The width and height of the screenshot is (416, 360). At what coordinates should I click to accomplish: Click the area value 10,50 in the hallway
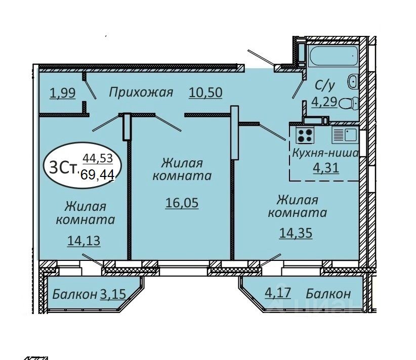tap(205, 93)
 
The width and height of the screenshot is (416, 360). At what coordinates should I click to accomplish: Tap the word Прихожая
tap(141, 93)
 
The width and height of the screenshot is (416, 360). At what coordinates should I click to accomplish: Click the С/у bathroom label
tap(323, 84)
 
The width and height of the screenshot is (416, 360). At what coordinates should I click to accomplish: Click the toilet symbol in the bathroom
tap(348, 104)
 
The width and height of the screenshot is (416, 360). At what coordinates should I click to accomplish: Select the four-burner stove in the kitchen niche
tap(305, 135)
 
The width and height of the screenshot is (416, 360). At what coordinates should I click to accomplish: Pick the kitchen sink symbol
tap(344, 135)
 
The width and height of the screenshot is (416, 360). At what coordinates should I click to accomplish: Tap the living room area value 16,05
tap(182, 203)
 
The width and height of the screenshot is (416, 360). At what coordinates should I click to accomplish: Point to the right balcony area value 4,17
tap(278, 293)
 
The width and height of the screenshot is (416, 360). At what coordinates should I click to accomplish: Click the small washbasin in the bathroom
tap(353, 81)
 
